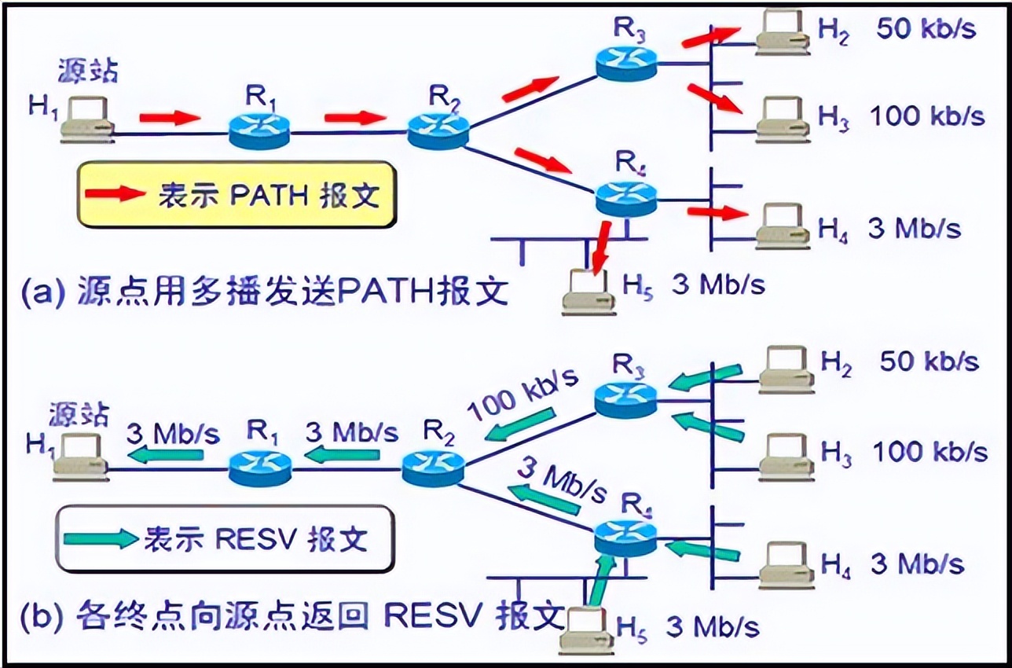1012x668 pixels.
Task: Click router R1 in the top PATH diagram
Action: [x=260, y=131]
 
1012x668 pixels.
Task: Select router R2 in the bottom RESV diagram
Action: [x=433, y=468]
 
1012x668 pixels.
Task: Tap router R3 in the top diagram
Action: [x=625, y=62]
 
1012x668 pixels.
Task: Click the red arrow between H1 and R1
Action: [x=170, y=118]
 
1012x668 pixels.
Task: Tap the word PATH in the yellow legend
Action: [x=268, y=195]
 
